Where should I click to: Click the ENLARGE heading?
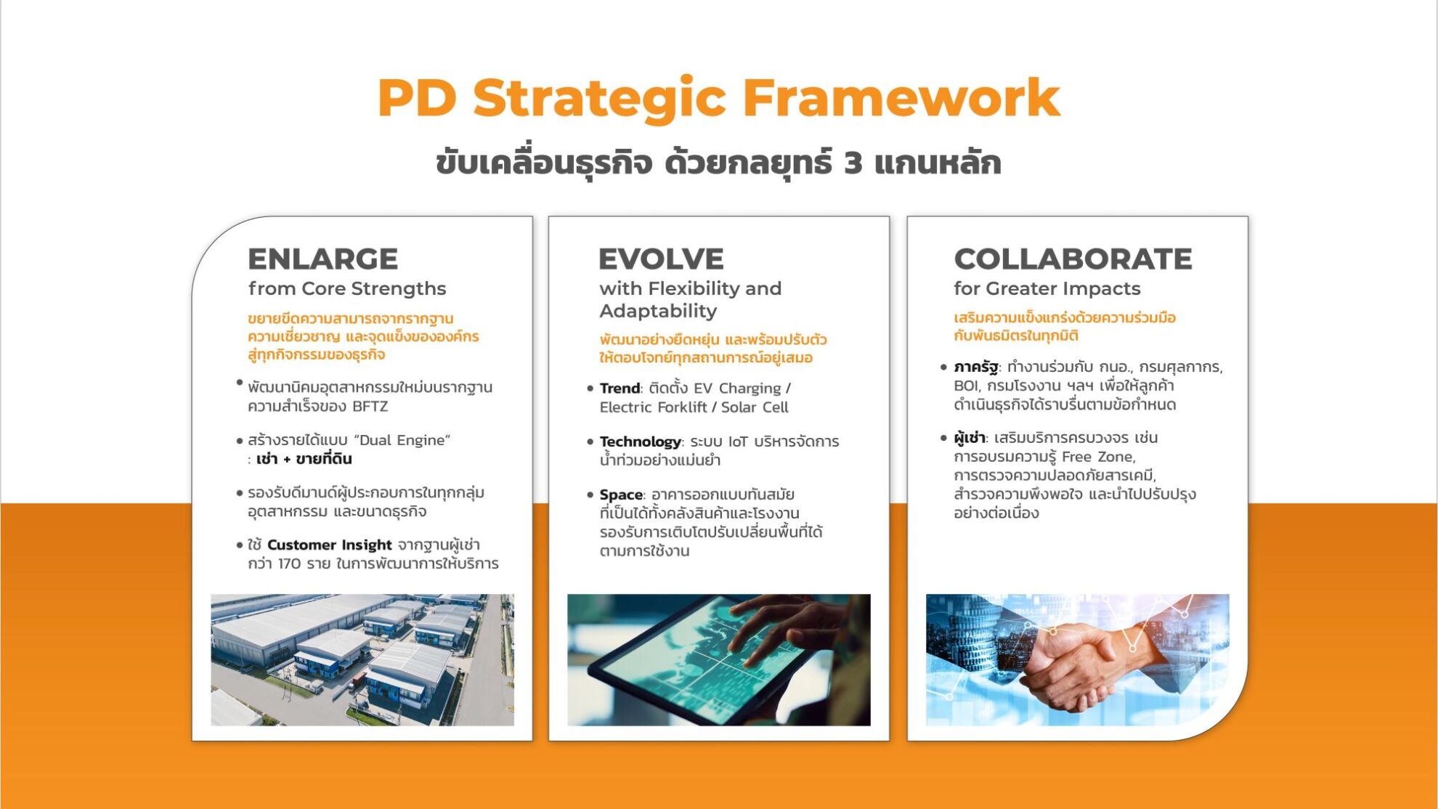pyautogui.click(x=323, y=259)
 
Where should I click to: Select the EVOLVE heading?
pyautogui.click(x=661, y=259)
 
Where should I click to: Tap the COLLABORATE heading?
pyautogui.click(x=1073, y=259)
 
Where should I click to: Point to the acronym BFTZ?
pyautogui.click(x=370, y=406)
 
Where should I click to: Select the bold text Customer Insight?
pyautogui.click(x=330, y=545)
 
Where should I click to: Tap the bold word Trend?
pyautogui.click(x=620, y=389)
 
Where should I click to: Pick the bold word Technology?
pyautogui.click(x=641, y=442)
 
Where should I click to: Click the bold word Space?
pyautogui.click(x=621, y=495)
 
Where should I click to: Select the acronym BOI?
pyautogui.click(x=965, y=386)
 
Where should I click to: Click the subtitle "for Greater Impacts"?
pyautogui.click(x=1047, y=288)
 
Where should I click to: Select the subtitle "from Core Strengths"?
pyautogui.click(x=347, y=288)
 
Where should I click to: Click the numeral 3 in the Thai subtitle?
pyautogui.click(x=853, y=163)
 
